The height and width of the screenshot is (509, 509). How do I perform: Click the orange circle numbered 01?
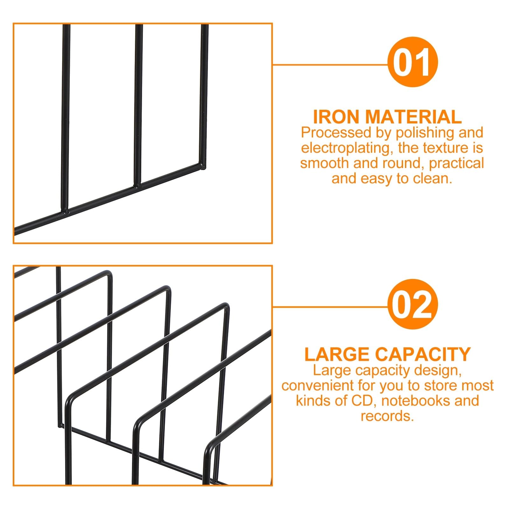pos(413,62)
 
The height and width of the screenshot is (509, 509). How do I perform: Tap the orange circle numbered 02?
pos(413,304)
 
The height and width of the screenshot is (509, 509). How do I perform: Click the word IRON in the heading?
pos(336,117)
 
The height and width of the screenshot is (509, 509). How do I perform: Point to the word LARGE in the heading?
pos(337,354)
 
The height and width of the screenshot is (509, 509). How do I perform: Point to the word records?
pos(387,416)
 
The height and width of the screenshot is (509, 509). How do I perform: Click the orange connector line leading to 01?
pos(330,65)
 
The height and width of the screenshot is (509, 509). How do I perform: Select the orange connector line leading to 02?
pos(330,307)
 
